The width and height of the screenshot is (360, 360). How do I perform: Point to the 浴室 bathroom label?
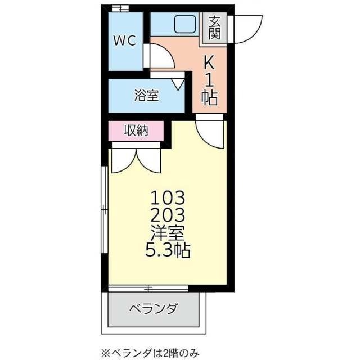click(146, 96)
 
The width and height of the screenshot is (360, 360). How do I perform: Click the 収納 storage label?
click(136, 131)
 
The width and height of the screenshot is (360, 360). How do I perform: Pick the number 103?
click(167, 197)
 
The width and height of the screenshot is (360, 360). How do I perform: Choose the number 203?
click(167, 215)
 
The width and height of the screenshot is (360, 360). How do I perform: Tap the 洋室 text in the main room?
click(167, 232)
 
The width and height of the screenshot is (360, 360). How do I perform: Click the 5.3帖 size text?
click(167, 250)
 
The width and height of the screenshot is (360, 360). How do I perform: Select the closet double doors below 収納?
click(136, 159)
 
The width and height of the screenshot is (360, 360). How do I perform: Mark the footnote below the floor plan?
click(151, 352)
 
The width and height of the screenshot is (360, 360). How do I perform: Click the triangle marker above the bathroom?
click(179, 84)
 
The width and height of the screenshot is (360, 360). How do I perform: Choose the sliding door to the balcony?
click(147, 289)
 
